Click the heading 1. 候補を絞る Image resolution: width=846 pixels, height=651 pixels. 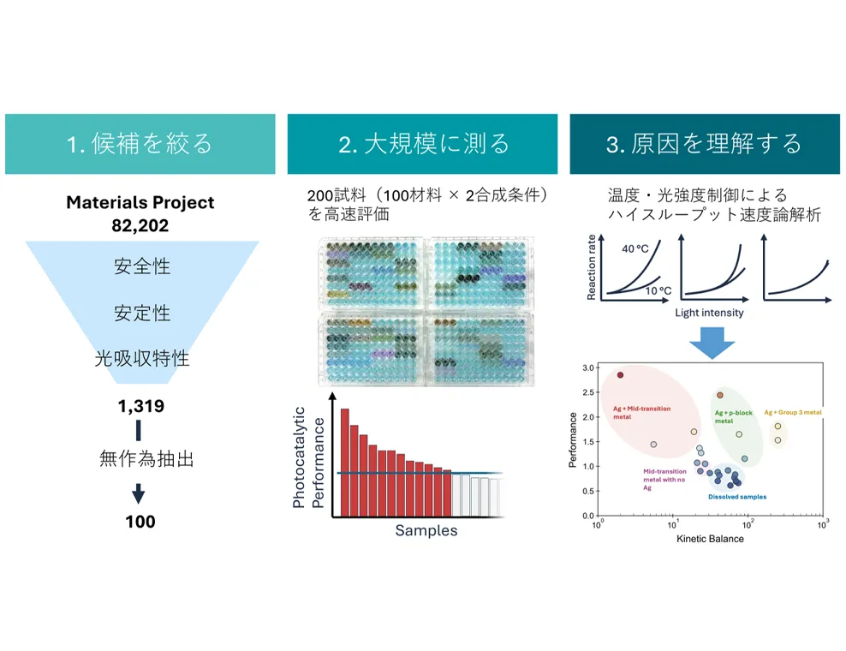click(140, 144)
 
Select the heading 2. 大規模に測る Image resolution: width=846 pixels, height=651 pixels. click(424, 144)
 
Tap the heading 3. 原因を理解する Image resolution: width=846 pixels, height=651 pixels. click(704, 144)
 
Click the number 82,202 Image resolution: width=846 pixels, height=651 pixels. click(140, 225)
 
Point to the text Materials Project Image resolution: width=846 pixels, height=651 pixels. click(140, 202)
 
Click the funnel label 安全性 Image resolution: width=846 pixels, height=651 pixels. click(142, 266)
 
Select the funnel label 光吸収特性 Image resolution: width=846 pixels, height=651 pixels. click(142, 358)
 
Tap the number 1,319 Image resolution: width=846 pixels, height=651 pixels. click(140, 406)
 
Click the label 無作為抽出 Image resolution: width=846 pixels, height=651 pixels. click(146, 458)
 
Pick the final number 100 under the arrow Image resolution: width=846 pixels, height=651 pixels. click(140, 522)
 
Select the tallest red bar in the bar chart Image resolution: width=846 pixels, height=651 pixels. click(345, 463)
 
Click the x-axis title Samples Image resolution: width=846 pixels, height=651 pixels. click(426, 530)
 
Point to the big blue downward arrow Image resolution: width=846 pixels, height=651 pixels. click(712, 343)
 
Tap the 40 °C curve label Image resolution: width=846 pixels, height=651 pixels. click(635, 249)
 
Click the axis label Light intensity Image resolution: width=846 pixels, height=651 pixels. click(709, 313)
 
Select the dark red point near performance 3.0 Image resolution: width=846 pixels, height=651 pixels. click(620, 375)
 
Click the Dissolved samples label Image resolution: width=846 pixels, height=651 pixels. click(737, 497)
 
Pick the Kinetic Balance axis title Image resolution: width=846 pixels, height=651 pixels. click(710, 539)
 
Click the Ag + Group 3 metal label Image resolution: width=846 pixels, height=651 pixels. click(793, 412)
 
